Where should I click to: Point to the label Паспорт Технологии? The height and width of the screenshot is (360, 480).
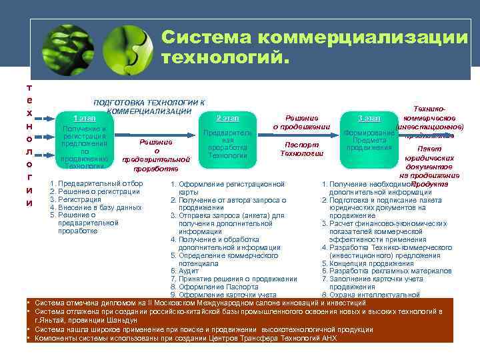301,149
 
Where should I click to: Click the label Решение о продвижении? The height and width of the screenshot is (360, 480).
301,122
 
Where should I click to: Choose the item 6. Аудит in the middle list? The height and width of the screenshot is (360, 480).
185,271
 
